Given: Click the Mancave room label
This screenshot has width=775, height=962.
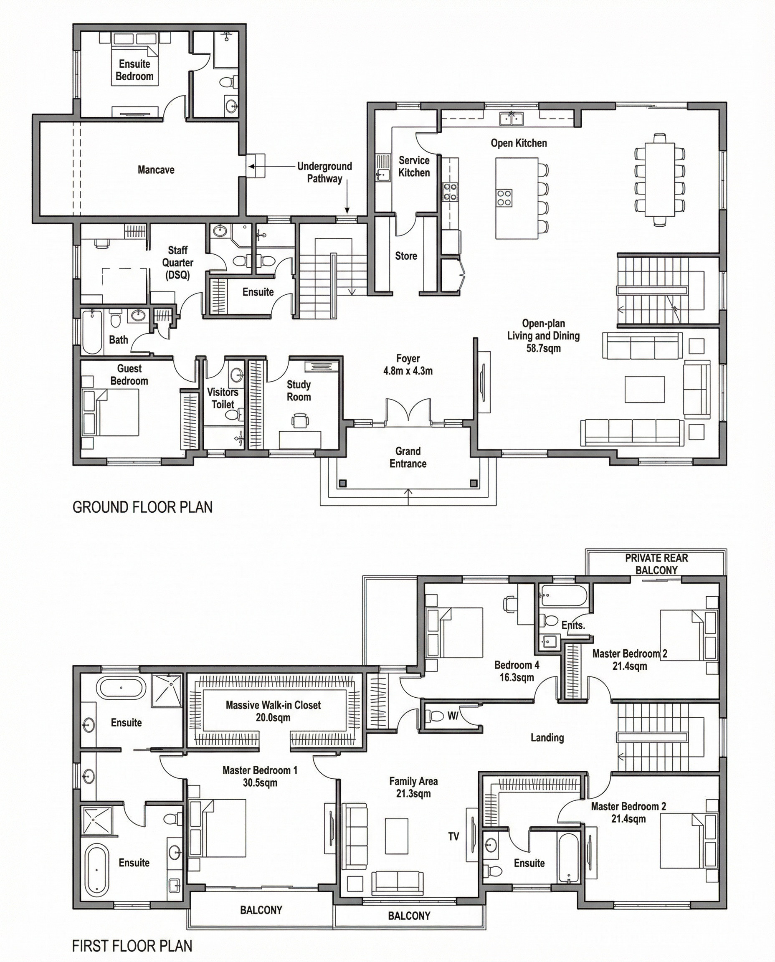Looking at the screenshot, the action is click(x=156, y=170).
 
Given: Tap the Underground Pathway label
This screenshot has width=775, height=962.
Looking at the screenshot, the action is click(x=324, y=172).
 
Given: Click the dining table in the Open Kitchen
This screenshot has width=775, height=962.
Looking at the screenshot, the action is click(x=659, y=179).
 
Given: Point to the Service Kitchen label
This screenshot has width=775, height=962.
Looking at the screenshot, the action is click(x=414, y=167).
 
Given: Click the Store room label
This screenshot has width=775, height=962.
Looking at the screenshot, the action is click(x=406, y=256).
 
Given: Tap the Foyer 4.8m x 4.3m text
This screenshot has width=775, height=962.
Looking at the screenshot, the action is click(x=408, y=364).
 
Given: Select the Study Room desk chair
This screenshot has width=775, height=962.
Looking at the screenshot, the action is click(x=300, y=420).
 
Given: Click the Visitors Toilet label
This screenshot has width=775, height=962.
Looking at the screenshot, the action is click(x=223, y=398).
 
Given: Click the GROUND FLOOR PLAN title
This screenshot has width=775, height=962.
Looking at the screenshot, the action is click(x=142, y=507).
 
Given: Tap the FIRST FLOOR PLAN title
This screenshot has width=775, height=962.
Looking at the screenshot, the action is click(x=132, y=945).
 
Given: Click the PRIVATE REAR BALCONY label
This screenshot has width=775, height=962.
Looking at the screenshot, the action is click(x=656, y=564).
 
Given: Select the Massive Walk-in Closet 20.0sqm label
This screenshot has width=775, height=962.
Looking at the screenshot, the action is click(x=273, y=711).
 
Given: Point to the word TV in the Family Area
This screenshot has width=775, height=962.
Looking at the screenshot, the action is click(x=453, y=837).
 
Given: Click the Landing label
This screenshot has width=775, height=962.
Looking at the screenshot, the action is click(x=547, y=737).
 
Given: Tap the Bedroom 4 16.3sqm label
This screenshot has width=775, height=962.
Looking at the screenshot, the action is click(x=517, y=671).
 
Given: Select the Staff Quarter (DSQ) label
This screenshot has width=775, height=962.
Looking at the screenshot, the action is click(x=178, y=263).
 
